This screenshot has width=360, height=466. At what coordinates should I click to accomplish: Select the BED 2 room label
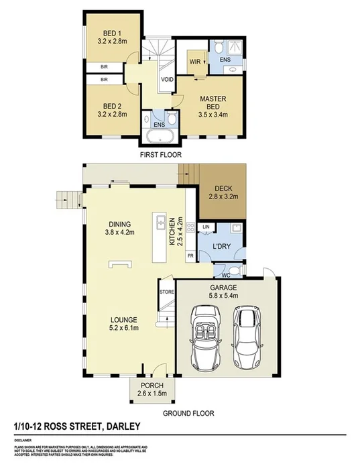coord(111,106)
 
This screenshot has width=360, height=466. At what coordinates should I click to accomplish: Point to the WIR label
coord(195,61)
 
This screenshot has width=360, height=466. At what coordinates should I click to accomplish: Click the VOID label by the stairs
coord(167,80)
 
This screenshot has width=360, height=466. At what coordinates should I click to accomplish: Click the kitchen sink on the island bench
coord(161,222)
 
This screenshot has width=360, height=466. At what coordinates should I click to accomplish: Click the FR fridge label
coord(190,256)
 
